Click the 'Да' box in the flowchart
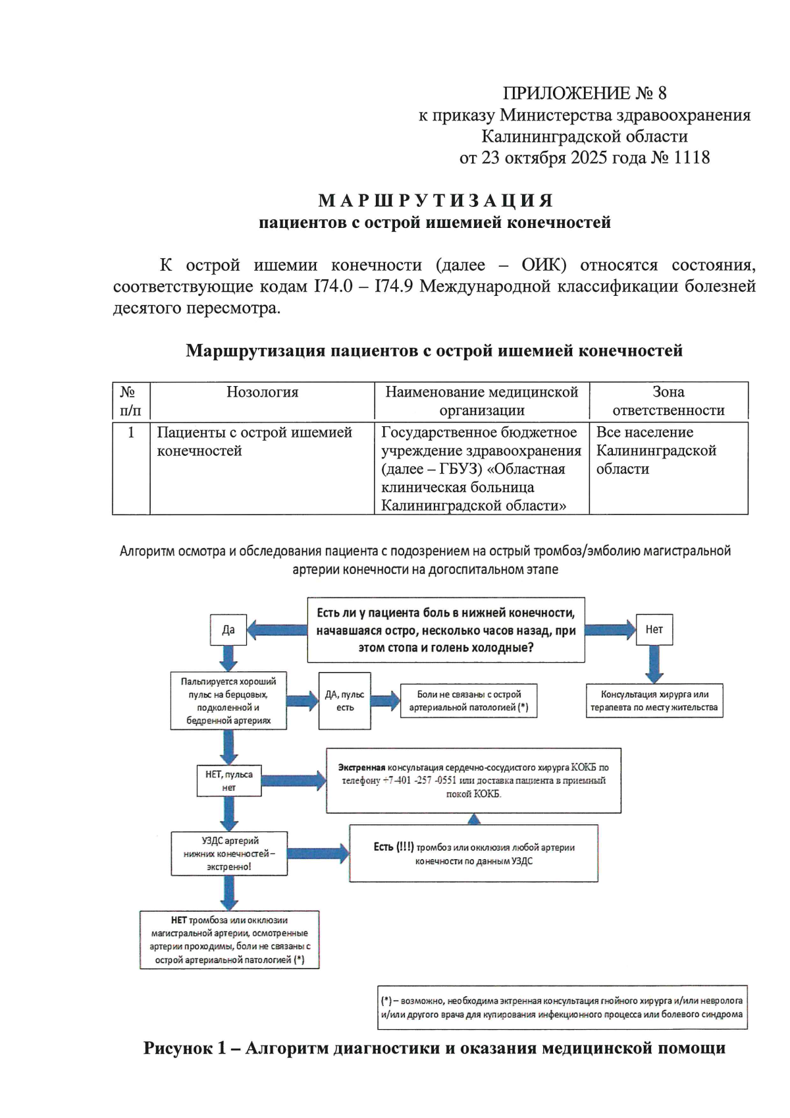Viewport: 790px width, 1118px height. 228,629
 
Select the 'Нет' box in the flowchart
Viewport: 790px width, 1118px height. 654,629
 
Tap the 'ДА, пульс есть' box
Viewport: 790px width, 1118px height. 344,701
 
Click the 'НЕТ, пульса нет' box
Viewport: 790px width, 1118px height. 228,781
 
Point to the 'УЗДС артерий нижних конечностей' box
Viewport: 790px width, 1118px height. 229,853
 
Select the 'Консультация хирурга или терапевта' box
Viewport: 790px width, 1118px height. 654,701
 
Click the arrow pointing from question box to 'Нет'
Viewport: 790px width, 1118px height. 610,630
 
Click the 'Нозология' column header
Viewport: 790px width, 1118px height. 262,393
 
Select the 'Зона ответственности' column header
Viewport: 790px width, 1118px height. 668,401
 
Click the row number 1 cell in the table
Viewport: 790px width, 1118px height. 131,433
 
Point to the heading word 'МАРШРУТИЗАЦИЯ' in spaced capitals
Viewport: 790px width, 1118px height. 435,200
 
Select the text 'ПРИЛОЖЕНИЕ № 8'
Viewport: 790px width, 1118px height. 585,93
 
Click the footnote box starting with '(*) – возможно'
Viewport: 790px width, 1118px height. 562,1007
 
